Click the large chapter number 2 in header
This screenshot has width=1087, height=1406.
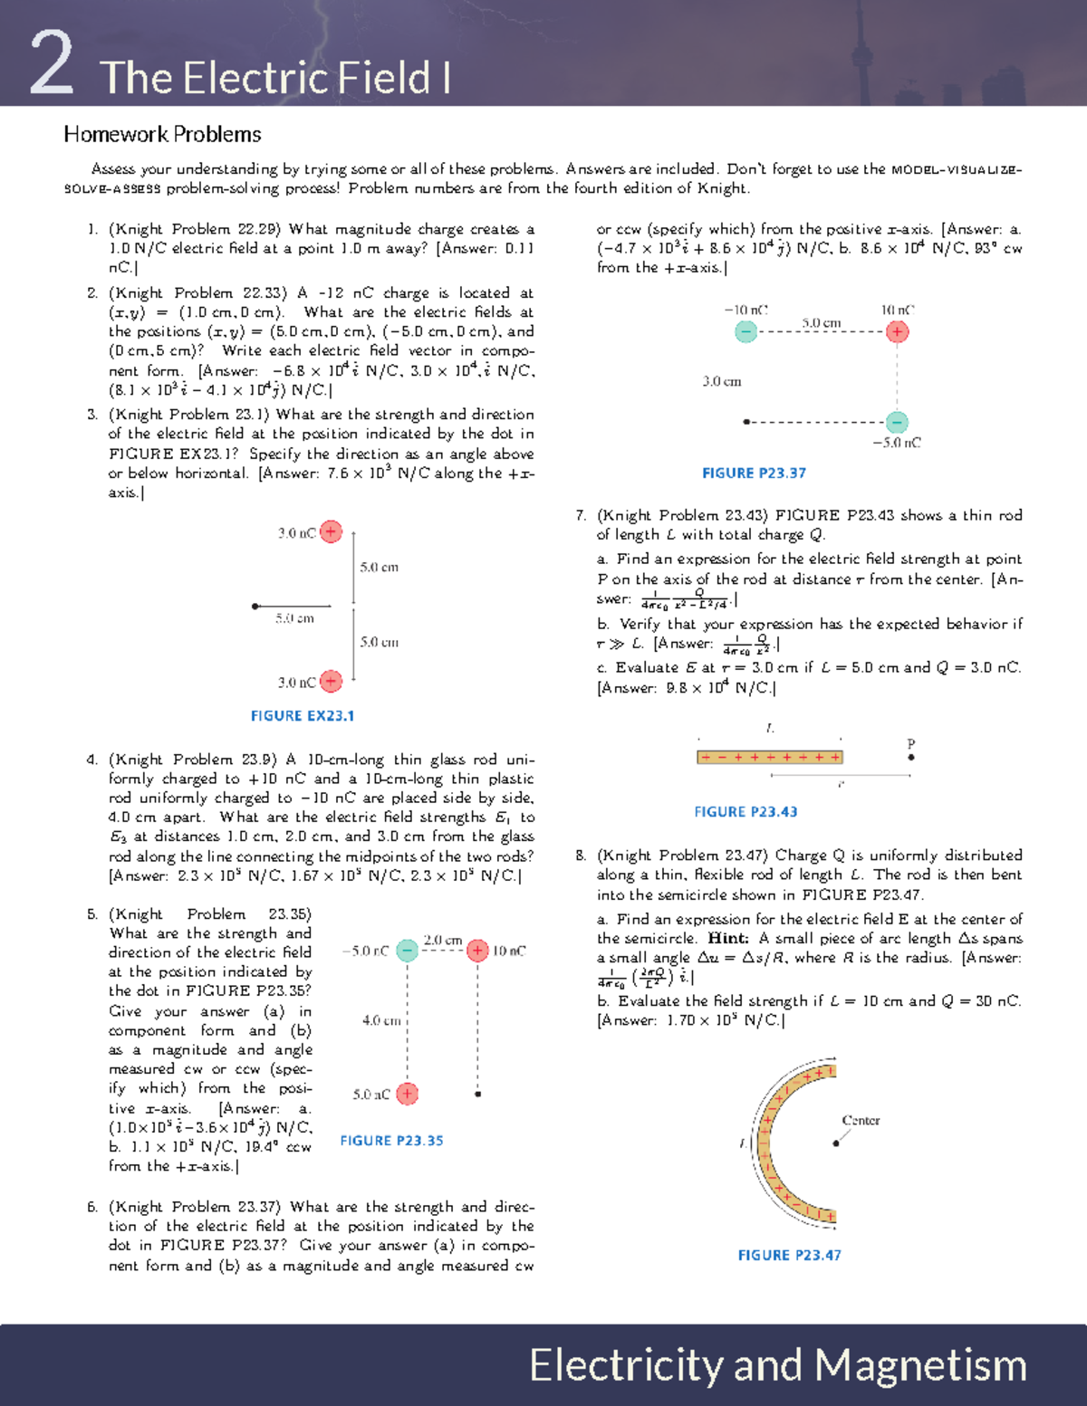pos(51,63)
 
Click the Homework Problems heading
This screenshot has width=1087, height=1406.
pos(162,134)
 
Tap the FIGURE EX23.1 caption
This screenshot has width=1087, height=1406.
pos(302,715)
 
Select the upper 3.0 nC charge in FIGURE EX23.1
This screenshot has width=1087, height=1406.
pos(332,531)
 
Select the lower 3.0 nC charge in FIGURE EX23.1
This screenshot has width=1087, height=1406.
pos(332,681)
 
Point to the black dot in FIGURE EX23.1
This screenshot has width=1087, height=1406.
pos(255,606)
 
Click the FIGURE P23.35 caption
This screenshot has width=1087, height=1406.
pos(391,1141)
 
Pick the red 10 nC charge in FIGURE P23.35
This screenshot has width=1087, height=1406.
pos(477,950)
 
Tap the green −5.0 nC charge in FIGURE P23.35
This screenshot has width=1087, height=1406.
pos(408,950)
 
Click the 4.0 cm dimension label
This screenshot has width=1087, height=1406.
pos(380,1020)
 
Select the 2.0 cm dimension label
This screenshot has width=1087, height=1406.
pos(443,940)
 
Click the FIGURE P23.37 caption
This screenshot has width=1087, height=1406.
pos(754,473)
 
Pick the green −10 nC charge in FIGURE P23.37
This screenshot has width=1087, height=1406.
pos(746,331)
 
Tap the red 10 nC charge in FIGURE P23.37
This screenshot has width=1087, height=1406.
pos(897,331)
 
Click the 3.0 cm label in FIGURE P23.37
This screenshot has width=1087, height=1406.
pos(721,381)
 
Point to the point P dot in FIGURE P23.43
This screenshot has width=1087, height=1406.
pos(911,757)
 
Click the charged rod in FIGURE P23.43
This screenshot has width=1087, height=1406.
pos(769,757)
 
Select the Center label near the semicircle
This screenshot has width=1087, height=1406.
pos(861,1120)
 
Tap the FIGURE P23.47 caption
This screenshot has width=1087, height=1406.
pos(789,1255)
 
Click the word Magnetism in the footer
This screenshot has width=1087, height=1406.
pos(919,1365)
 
